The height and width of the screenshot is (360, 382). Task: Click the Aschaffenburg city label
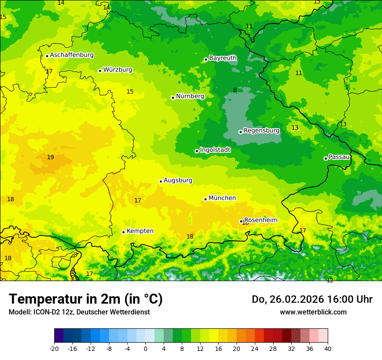point(72,55)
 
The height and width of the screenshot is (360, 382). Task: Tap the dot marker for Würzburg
point(100,71)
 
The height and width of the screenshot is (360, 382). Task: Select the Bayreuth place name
point(223,58)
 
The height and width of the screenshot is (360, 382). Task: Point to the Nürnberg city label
point(190,96)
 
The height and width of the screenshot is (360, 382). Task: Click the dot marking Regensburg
point(240,132)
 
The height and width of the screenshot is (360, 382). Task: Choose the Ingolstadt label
point(215,150)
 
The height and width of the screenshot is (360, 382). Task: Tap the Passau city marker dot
point(326,158)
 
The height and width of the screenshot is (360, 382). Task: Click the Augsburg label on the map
point(178,180)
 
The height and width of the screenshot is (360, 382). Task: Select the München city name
point(222,198)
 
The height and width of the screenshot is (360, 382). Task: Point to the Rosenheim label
point(260,220)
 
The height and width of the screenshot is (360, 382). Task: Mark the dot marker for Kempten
point(123,232)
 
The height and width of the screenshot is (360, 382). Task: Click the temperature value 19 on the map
point(50,157)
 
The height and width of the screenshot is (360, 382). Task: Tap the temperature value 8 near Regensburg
point(235,90)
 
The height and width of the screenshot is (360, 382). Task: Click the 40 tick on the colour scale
point(327,348)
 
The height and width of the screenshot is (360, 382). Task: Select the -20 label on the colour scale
point(54,348)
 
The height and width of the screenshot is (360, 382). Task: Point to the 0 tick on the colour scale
point(145,348)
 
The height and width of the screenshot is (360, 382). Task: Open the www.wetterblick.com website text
point(313,312)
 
